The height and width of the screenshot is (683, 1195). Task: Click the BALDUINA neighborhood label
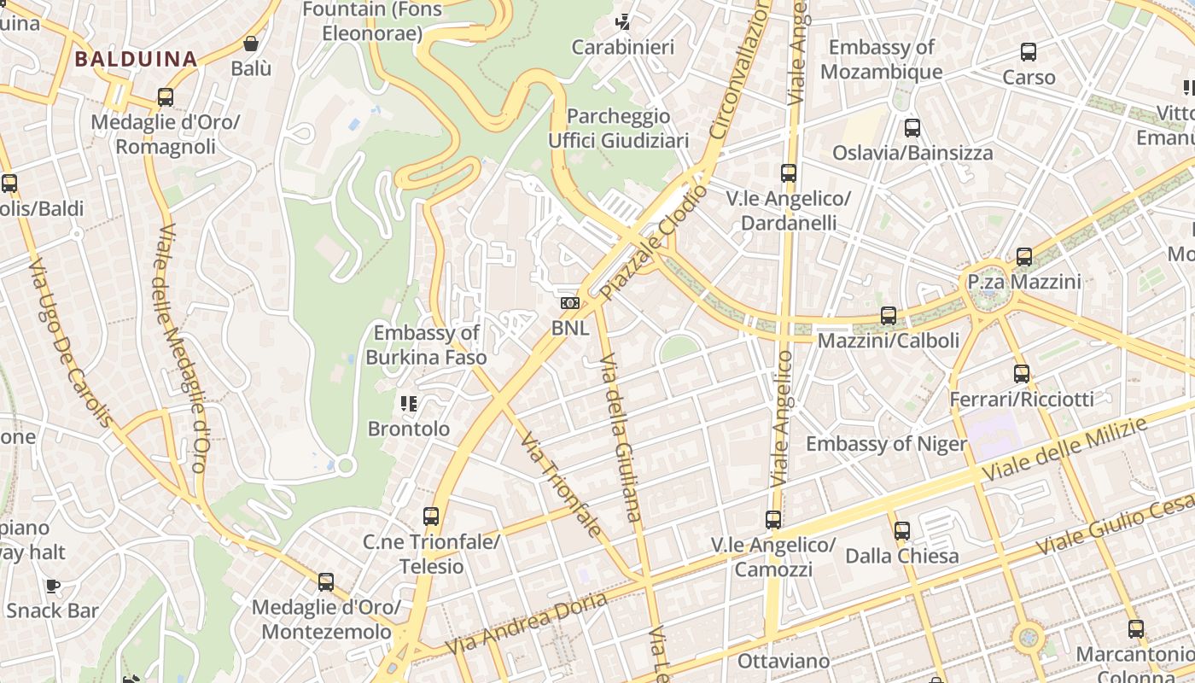pos(136,59)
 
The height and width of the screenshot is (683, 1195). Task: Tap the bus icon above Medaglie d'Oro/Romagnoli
pos(166,97)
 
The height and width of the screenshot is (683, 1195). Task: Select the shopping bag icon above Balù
pos(251,44)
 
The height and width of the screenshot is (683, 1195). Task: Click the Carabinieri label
pos(623,47)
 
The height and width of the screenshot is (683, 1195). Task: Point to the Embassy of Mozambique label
pos(882,59)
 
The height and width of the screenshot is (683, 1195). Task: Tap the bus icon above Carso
pos(1029,52)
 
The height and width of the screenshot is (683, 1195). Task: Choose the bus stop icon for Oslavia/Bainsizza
pos(912,128)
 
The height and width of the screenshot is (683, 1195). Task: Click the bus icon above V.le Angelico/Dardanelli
pos(789,173)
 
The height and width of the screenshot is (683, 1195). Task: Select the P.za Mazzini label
pos(1024,282)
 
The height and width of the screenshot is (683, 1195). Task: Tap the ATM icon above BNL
pos(569,303)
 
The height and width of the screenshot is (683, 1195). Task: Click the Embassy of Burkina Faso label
pos(427,345)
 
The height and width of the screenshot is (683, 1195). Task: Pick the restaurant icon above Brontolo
pos(408,403)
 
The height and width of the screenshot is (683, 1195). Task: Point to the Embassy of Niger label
pos(886,444)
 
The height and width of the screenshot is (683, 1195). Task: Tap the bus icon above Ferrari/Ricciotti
pos(1022,373)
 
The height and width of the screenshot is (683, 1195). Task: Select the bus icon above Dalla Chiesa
pos(902,531)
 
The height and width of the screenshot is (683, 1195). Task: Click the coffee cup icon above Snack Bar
pos(53,586)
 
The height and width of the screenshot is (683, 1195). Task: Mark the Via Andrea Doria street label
pos(526,624)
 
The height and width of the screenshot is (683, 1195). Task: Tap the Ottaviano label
pos(784,661)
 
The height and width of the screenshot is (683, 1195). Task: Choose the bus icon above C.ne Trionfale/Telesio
pos(431,517)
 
